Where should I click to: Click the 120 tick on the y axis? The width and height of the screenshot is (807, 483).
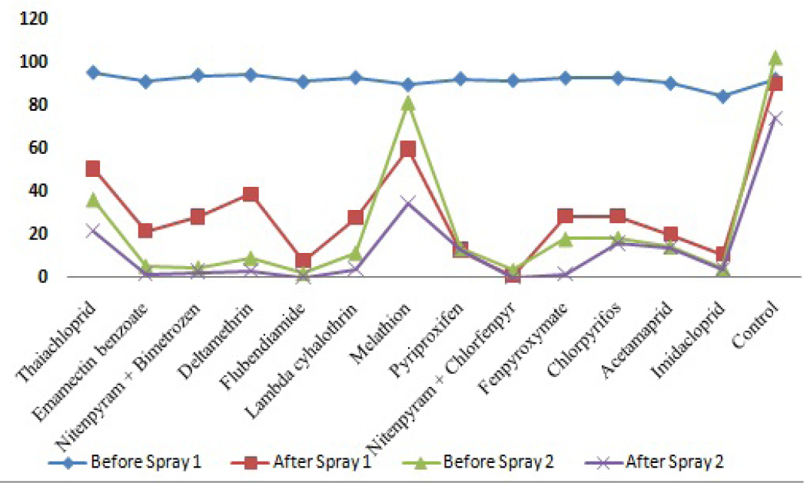[33, 19]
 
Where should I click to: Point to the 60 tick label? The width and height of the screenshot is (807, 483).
[37, 148]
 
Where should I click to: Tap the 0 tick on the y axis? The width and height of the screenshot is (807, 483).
[42, 277]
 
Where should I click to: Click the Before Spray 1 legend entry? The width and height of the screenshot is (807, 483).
[125, 461]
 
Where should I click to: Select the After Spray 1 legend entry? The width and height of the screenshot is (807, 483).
[301, 461]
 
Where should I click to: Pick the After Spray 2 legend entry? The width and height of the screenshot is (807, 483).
[654, 461]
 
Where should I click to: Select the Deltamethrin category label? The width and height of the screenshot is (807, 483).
[216, 340]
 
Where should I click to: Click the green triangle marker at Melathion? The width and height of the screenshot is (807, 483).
[408, 103]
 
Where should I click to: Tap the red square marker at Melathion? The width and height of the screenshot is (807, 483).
[408, 150]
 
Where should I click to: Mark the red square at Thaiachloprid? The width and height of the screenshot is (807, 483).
[93, 168]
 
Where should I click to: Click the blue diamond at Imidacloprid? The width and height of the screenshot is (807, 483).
[723, 96]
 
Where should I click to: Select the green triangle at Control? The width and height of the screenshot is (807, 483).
[775, 58]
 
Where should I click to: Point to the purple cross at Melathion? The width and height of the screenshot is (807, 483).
[408, 202]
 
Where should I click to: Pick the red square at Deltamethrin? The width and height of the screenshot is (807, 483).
[251, 194]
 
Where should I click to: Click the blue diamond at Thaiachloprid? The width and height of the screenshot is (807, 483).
[93, 72]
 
